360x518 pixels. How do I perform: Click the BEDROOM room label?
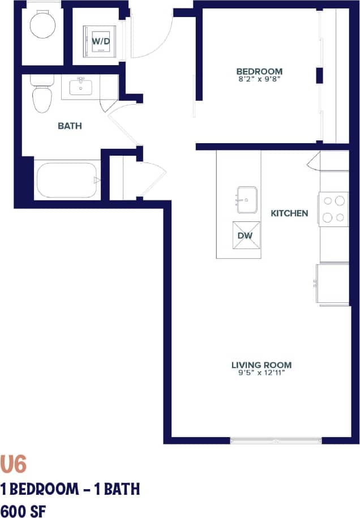(x=259, y=71)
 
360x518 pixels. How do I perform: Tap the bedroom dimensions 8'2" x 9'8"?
(x=259, y=80)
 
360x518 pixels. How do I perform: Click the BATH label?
(x=70, y=126)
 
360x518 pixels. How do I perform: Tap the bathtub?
(x=66, y=181)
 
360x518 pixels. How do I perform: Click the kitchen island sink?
(x=247, y=199)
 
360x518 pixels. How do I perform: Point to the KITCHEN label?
(x=289, y=213)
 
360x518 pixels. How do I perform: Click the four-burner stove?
(x=333, y=209)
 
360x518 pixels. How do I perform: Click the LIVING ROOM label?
(x=262, y=365)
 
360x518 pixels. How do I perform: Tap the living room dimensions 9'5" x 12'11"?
(x=262, y=374)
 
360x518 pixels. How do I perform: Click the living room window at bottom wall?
(x=276, y=440)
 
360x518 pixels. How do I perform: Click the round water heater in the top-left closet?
(x=42, y=24)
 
